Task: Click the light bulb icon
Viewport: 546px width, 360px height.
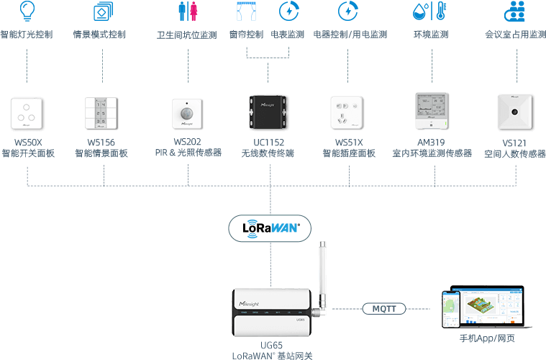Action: tap(27, 10)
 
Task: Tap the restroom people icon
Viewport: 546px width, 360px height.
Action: tap(187, 11)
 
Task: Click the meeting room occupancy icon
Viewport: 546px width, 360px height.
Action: tap(514, 11)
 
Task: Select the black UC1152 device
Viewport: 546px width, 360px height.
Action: tap(268, 112)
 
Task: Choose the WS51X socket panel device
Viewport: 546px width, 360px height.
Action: tap(348, 112)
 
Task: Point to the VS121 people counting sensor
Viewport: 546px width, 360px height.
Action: tap(515, 112)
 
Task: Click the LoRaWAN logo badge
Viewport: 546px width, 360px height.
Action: tap(270, 228)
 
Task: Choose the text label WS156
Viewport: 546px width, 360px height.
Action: tap(101, 143)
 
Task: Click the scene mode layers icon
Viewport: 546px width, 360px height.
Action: tap(101, 12)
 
